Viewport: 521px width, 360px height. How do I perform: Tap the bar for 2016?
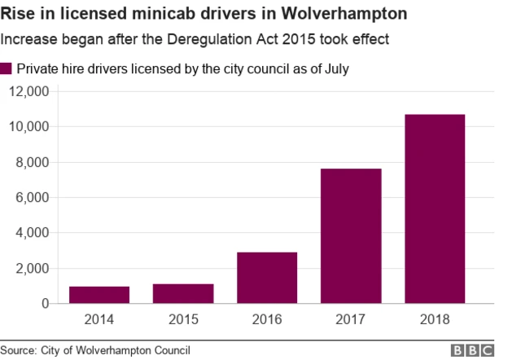(267, 278)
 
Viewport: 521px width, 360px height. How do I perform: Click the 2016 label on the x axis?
(267, 320)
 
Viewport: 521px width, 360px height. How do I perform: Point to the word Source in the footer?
(18, 350)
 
